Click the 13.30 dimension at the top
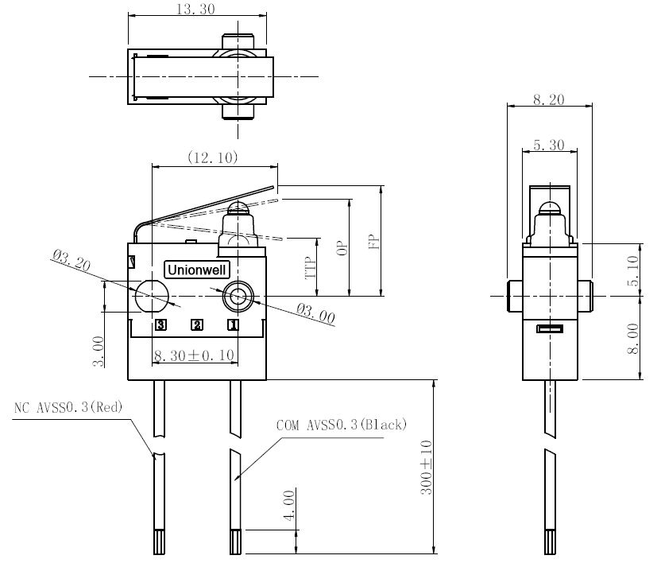click(195, 9)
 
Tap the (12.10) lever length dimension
click(212, 157)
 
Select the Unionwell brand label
click(197, 270)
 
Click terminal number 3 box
click(160, 324)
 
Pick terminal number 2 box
click(197, 324)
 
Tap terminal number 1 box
click(233, 324)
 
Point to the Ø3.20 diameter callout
click(72, 260)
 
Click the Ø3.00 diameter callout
click(315, 313)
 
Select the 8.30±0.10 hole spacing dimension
click(195, 355)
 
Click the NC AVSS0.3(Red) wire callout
click(68, 407)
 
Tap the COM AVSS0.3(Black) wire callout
click(342, 425)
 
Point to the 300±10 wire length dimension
click(426, 467)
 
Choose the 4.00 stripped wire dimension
click(289, 506)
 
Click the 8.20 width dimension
click(548, 99)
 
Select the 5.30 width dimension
click(548, 145)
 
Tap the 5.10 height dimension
click(633, 271)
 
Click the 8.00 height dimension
click(633, 338)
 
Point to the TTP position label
click(311, 268)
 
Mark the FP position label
click(374, 242)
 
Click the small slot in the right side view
click(550, 328)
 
